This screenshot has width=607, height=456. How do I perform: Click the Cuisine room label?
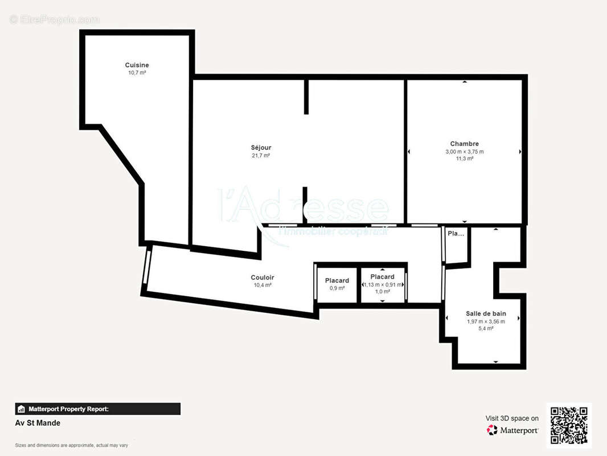(137, 65)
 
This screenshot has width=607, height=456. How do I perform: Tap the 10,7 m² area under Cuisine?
(137, 73)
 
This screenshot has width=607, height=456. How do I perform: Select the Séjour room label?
(261, 148)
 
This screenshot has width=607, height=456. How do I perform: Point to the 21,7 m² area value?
(261, 156)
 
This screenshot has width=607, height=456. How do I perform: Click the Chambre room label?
(464, 144)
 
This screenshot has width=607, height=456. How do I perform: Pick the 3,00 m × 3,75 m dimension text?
(464, 152)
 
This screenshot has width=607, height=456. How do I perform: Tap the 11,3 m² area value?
(464, 159)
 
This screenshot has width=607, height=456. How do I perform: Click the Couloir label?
(262, 278)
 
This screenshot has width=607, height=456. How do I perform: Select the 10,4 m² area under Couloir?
(262, 285)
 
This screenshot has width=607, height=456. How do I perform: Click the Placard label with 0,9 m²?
(337, 280)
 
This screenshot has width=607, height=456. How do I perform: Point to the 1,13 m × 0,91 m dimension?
(383, 284)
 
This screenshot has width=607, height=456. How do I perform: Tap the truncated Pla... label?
(456, 234)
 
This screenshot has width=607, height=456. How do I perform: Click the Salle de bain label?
(486, 313)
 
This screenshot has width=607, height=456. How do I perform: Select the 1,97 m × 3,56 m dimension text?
(486, 321)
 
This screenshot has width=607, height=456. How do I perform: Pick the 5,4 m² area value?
(486, 329)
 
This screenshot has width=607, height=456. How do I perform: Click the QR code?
(569, 425)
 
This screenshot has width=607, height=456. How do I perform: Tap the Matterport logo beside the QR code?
(512, 430)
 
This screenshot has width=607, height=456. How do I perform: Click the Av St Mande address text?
(38, 423)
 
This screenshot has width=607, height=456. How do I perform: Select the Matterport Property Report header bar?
(97, 409)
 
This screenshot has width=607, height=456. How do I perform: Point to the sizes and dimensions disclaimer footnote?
(72, 445)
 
